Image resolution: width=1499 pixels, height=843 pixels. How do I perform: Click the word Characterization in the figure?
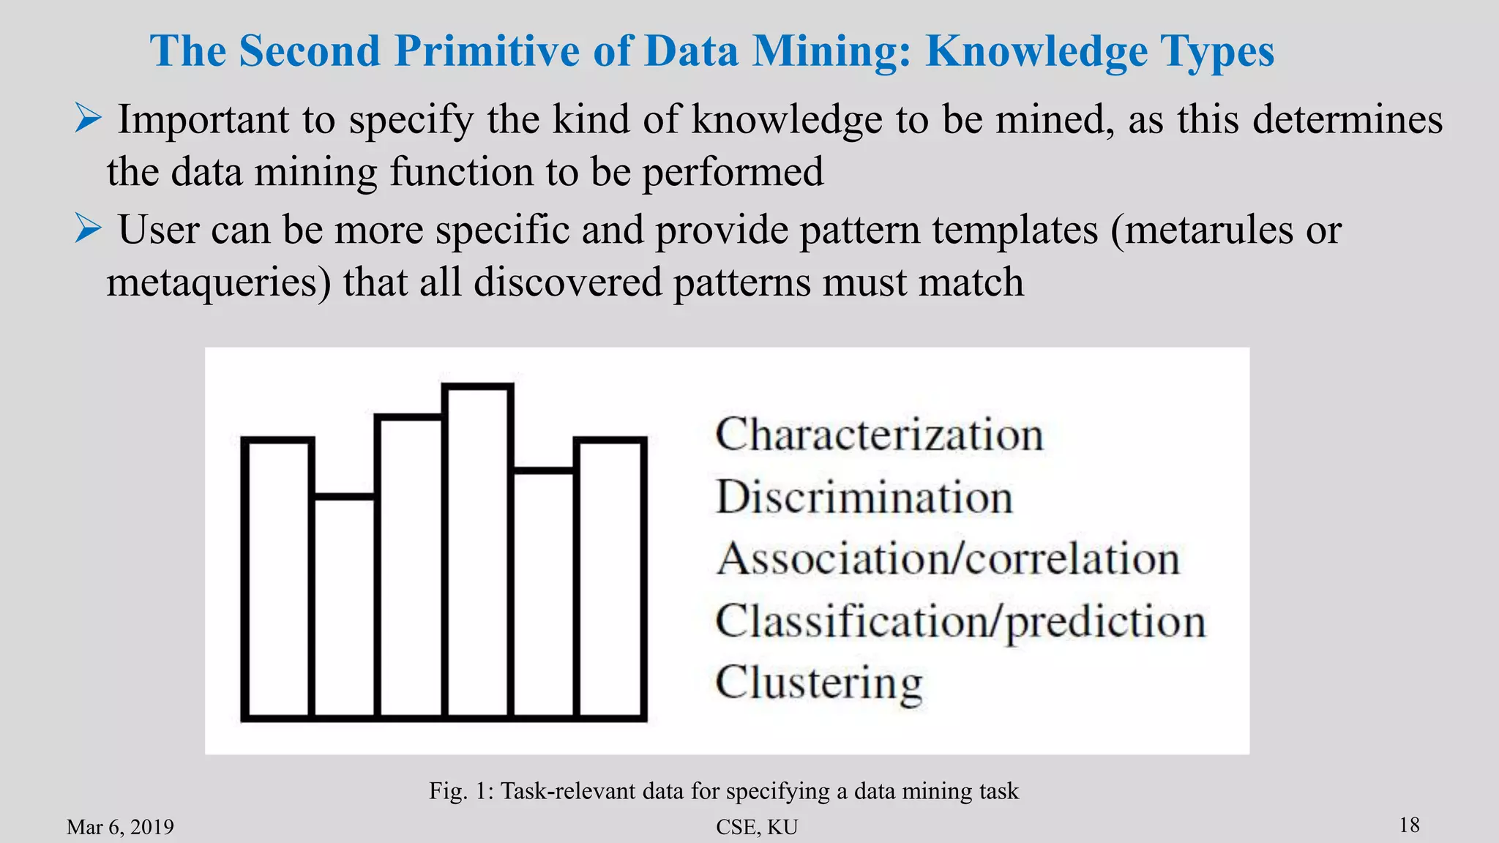tap(879, 435)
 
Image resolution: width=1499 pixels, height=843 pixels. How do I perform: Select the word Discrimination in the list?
tap(864, 498)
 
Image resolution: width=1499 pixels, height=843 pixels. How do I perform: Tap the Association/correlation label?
tap(948, 559)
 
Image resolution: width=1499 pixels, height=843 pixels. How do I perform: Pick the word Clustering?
tap(819, 683)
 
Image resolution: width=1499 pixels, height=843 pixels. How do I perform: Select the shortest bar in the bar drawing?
tap(345, 607)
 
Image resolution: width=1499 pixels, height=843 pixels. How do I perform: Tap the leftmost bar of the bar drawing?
tap(277, 578)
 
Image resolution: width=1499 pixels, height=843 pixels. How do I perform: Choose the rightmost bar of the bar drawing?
tap(610, 578)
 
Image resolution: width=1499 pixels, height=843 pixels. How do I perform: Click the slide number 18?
tap(1409, 825)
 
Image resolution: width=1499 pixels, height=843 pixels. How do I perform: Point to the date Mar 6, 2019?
tap(120, 827)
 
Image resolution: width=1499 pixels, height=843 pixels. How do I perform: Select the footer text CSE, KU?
tap(757, 827)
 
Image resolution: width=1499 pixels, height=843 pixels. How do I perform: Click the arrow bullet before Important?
tap(88, 119)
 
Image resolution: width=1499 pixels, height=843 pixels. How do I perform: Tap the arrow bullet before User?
tap(88, 229)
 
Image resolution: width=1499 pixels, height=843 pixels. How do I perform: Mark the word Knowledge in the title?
tap(1036, 51)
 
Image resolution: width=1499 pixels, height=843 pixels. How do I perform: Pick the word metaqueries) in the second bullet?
tap(219, 283)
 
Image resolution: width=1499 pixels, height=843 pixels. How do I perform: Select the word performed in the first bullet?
tap(733, 173)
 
